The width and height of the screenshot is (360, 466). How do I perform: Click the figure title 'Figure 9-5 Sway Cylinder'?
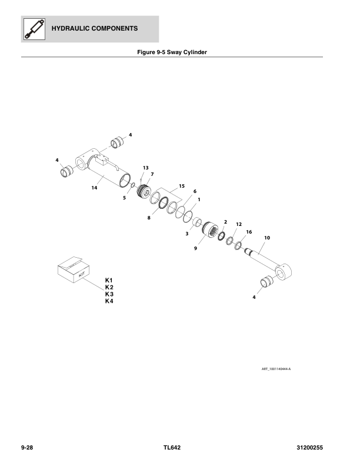coord(172,52)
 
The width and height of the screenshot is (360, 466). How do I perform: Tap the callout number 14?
coord(94,188)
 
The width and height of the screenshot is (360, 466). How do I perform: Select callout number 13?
coord(145,168)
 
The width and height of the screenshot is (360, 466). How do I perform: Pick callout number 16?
coord(249,232)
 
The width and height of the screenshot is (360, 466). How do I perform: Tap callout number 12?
coord(239,225)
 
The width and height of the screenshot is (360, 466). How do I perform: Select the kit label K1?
coord(108,279)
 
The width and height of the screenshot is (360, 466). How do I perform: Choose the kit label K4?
coord(108,301)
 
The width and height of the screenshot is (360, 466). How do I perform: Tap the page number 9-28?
coord(26,448)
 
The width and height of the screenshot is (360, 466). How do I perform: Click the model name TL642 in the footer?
coord(172,448)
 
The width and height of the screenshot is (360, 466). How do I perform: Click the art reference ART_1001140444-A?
coord(276,370)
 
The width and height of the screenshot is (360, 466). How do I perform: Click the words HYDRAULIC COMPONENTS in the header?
coord(95,28)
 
